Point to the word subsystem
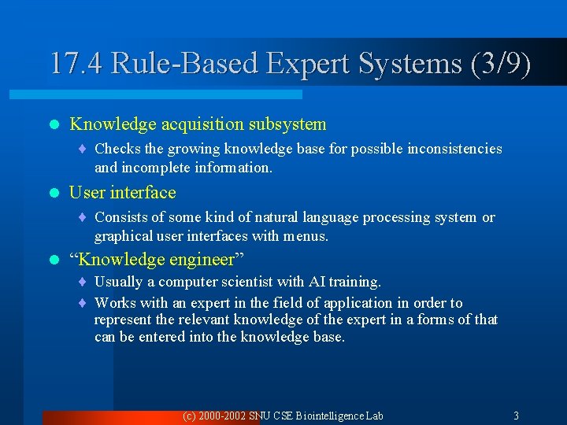click(x=291, y=124)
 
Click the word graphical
click(x=121, y=236)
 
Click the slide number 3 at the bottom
click(x=516, y=416)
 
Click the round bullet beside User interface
click(x=54, y=193)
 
